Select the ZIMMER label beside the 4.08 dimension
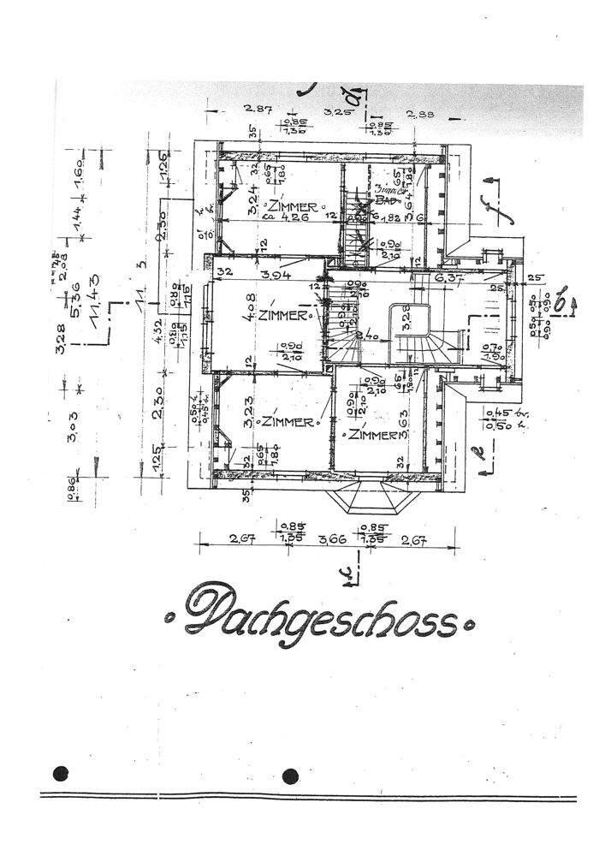coord(282,315)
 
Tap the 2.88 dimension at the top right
coord(421,114)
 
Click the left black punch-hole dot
coord(59,774)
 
